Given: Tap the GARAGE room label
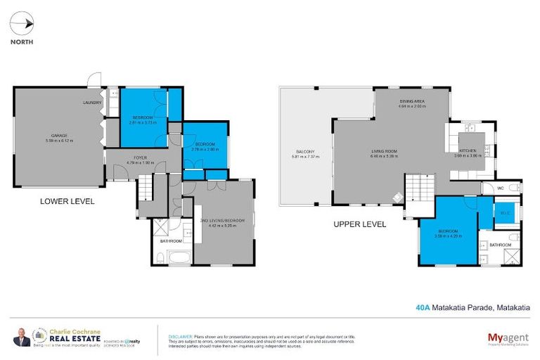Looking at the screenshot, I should coord(58,134).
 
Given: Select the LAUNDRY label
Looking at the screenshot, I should coord(92,103).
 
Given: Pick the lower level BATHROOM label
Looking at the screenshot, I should coord(170,241).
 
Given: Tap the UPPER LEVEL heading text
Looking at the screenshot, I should coord(359,225).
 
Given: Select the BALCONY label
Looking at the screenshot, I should coord(305,151).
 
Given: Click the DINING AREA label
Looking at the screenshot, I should coord(411,102).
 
